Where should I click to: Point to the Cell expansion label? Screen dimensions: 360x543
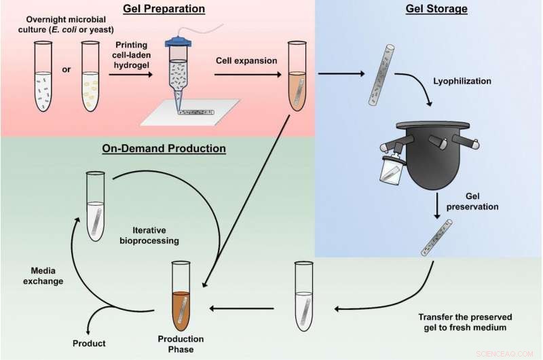coord(246,60)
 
